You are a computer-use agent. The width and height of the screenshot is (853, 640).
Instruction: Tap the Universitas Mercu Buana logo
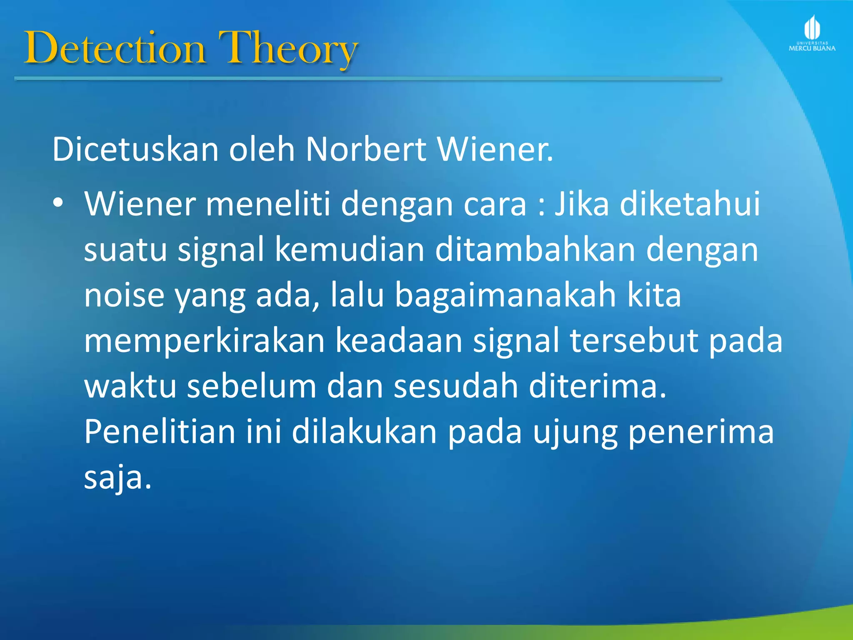coord(812,33)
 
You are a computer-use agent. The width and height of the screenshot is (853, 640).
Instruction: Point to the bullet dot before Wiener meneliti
coord(58,203)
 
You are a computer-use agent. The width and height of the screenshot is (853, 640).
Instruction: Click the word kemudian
coord(349,249)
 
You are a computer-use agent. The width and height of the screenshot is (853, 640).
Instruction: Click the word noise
coord(124,295)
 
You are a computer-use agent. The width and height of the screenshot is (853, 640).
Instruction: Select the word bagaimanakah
coord(505,295)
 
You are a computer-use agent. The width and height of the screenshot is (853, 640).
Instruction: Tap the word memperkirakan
coord(204,340)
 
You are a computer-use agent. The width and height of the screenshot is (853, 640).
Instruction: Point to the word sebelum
coord(252,386)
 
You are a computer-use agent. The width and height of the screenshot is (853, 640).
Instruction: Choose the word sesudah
coord(456,386)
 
